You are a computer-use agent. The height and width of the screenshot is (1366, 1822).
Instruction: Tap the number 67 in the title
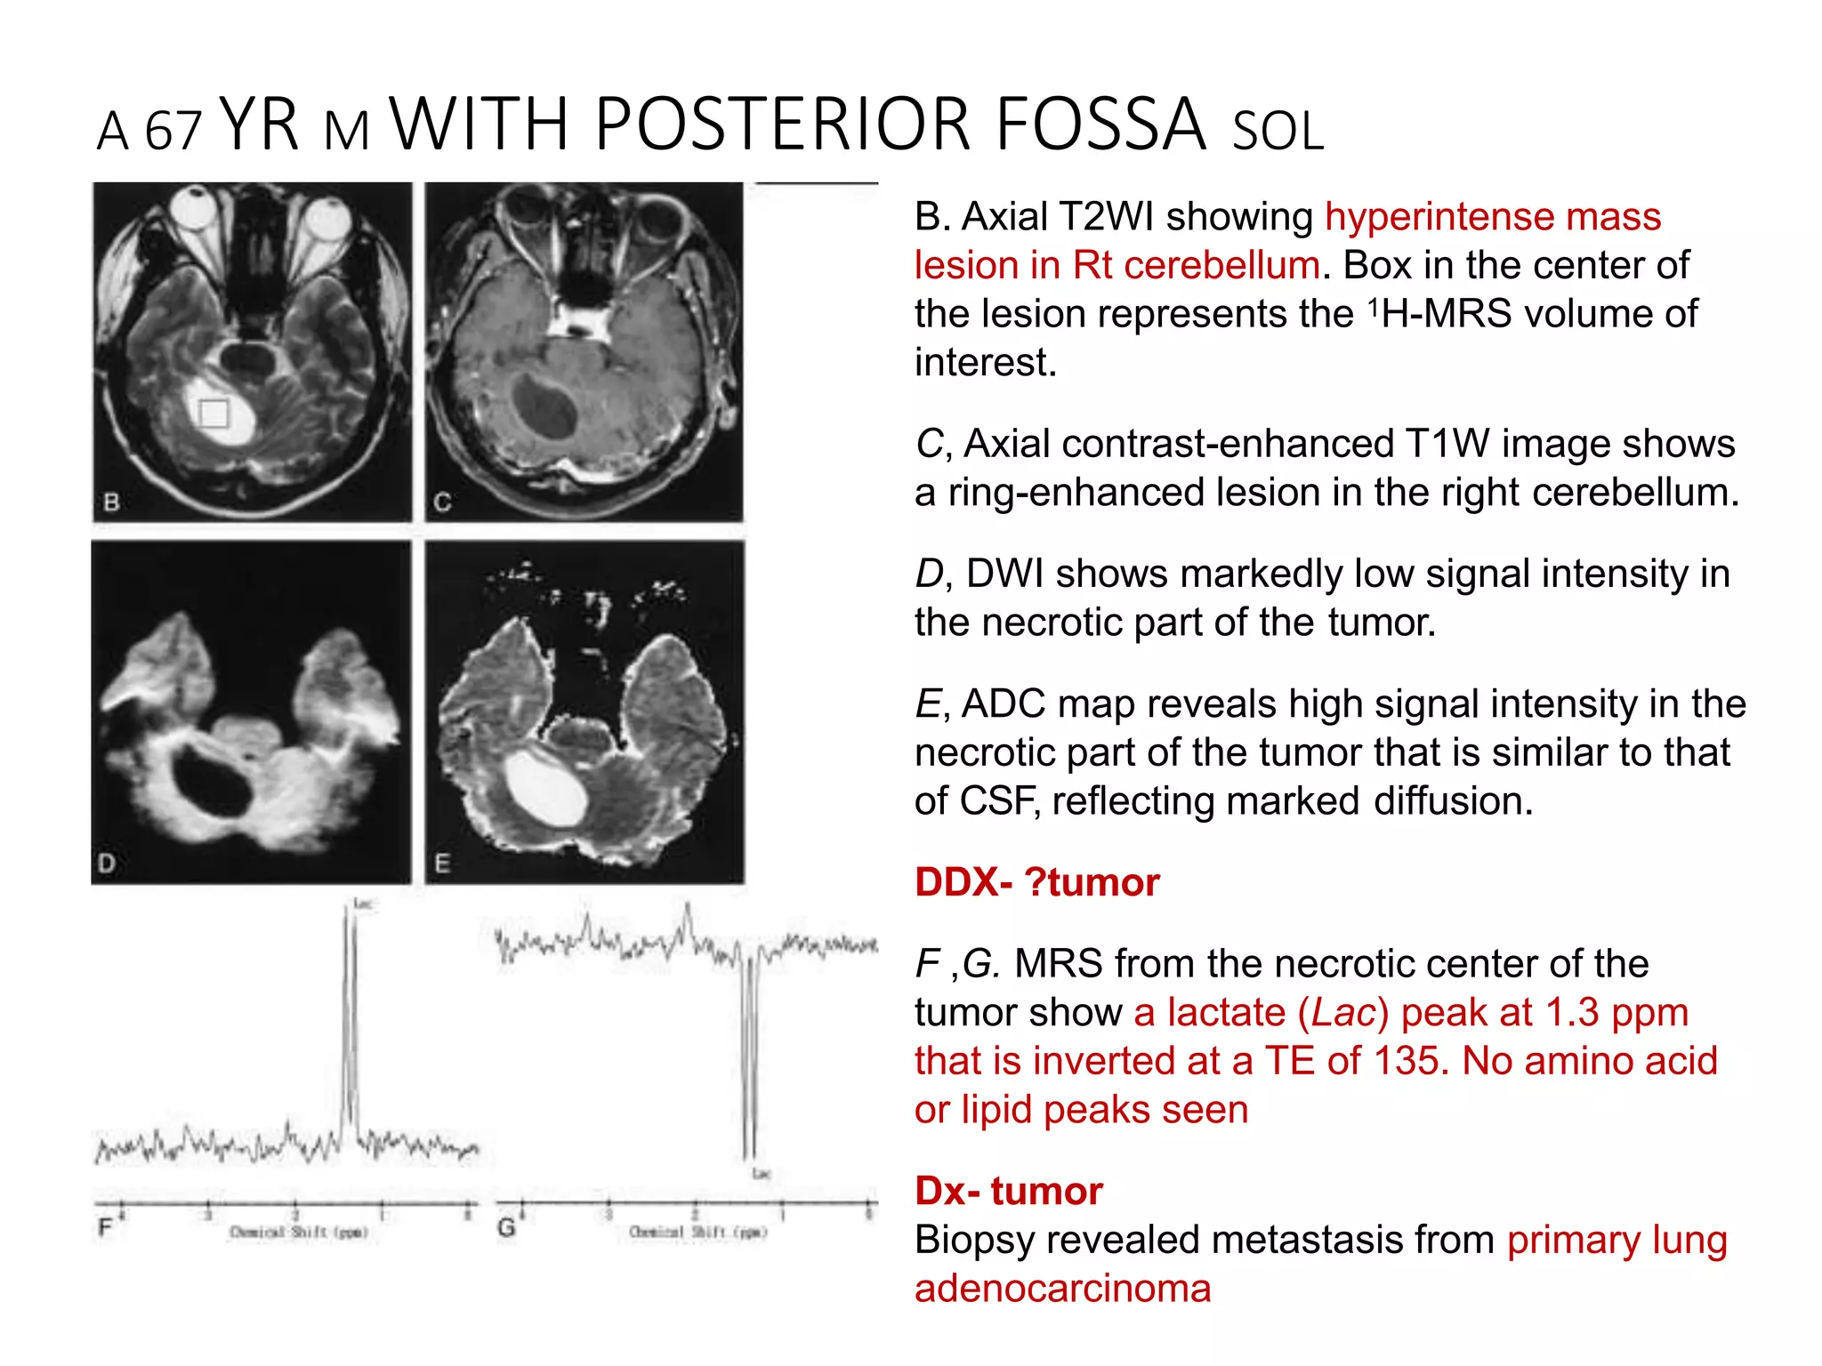(x=173, y=132)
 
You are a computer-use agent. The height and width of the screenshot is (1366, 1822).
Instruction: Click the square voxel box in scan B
(x=214, y=414)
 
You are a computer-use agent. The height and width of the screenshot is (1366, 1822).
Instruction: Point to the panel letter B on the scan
(x=111, y=502)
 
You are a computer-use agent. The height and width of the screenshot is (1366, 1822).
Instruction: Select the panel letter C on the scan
(x=442, y=502)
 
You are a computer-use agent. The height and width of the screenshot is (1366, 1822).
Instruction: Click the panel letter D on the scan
(x=107, y=863)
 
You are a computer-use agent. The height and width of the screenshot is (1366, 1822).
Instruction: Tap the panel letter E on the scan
(x=442, y=863)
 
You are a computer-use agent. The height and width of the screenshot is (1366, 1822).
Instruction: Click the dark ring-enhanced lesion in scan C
(x=545, y=406)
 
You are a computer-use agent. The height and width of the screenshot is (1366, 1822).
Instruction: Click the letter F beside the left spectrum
(x=105, y=1228)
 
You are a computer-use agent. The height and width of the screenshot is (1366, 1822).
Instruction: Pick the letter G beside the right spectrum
(x=506, y=1228)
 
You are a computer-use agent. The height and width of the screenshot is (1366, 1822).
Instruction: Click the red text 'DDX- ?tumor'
(x=1036, y=882)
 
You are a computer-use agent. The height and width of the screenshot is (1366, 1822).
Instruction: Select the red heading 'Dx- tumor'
(x=1009, y=1191)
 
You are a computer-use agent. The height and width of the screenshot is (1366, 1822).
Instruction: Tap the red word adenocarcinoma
(x=1062, y=1289)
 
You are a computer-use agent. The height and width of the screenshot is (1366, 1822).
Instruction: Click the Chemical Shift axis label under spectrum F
(x=298, y=1233)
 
